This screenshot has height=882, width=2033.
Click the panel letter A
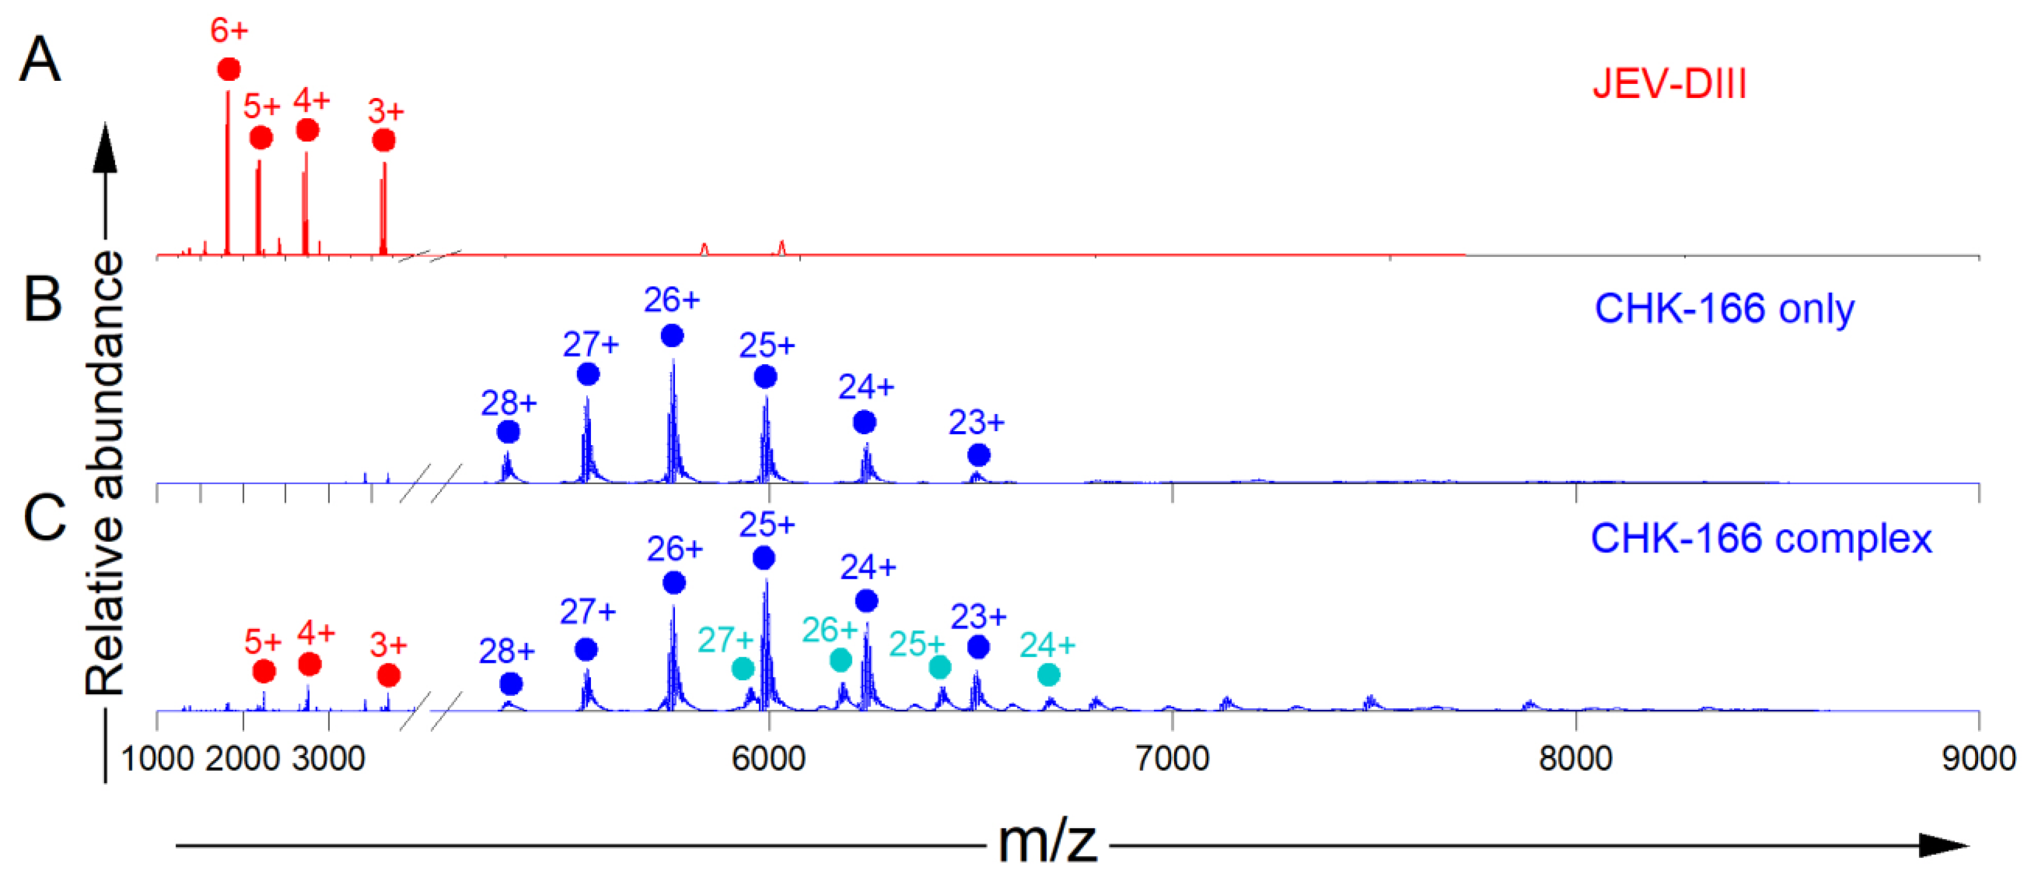click(39, 60)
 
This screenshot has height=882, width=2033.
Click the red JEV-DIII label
click(1669, 84)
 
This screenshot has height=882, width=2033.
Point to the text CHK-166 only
click(1724, 309)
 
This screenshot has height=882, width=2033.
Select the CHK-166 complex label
click(1760, 539)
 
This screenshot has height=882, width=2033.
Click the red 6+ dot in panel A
click(229, 69)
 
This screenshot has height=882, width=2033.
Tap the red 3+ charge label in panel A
click(386, 111)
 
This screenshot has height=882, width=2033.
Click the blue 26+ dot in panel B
click(672, 336)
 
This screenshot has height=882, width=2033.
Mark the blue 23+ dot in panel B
click(978, 455)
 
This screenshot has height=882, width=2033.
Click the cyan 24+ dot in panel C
click(1048, 674)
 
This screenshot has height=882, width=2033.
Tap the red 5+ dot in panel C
click(264, 671)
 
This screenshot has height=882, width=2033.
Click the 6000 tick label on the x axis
click(768, 758)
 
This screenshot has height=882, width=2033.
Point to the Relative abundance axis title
click(106, 473)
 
